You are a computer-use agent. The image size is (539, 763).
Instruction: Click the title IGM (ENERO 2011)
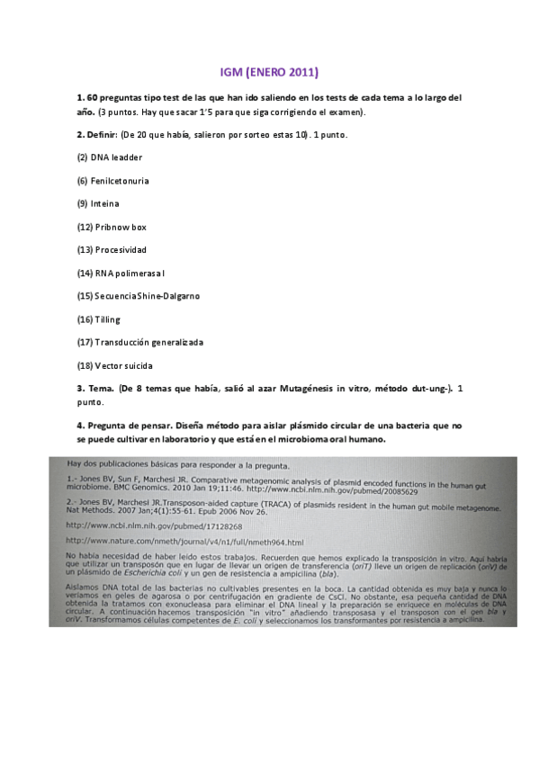[x=269, y=71]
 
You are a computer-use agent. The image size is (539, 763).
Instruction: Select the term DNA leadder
[x=116, y=157]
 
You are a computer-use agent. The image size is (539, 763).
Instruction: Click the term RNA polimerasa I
[x=128, y=273]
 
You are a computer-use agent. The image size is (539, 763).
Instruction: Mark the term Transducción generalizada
[x=147, y=343]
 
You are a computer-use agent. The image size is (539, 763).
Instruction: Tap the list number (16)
[x=85, y=319]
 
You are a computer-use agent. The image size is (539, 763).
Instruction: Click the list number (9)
[x=82, y=204]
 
